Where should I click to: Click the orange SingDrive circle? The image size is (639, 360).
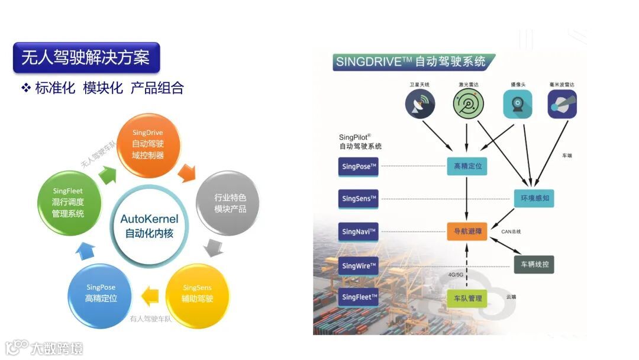tap(147, 144)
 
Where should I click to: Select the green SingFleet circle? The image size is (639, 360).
tap(67, 202)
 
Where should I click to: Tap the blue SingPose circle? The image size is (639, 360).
tap(101, 293)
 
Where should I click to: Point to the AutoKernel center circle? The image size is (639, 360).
tap(149, 226)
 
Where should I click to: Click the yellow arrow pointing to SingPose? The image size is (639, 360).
tap(150, 294)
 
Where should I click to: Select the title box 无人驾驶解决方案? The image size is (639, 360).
tap(86, 57)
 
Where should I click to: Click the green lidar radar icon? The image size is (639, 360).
tap(467, 104)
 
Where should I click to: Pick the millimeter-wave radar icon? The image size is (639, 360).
tap(561, 104)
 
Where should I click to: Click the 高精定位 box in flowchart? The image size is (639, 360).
tap(467, 166)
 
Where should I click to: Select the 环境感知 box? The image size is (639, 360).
tap(534, 198)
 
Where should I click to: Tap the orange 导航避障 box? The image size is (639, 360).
tap(467, 232)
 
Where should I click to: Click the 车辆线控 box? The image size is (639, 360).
tap(534, 264)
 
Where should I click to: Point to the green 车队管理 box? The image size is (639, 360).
tap(467, 298)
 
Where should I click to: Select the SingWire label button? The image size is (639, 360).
tap(359, 266)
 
